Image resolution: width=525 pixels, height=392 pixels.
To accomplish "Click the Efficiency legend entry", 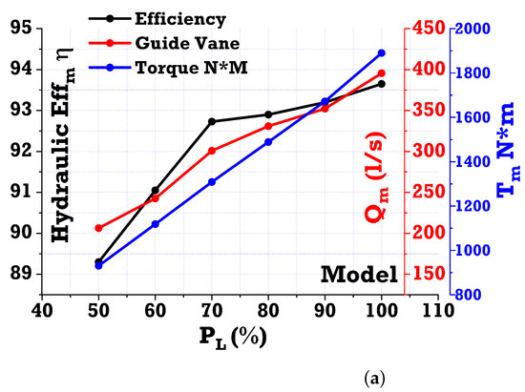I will tap(168, 16).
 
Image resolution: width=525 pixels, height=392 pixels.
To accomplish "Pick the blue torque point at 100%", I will tap(382, 53).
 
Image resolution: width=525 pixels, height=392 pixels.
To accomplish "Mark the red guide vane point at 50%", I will tap(98, 228).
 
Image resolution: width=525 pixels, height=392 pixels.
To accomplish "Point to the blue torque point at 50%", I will tap(98, 265).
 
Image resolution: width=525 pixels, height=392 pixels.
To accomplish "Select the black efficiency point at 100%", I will tap(382, 84).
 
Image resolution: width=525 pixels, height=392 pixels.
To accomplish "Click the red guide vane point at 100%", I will tap(382, 73).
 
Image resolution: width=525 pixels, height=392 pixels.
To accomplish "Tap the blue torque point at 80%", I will tap(268, 142).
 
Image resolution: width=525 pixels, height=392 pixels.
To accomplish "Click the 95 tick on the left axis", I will tap(20, 28).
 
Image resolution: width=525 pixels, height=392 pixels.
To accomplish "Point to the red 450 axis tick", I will tap(424, 29).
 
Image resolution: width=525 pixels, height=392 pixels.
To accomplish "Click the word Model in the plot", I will tap(359, 275).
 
